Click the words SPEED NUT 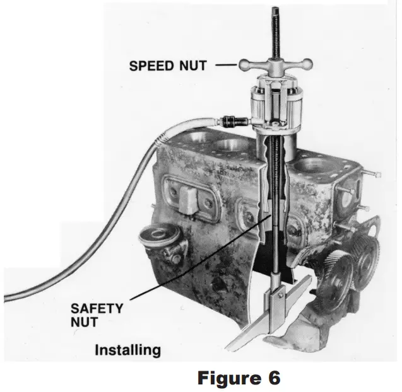pyautogui.click(x=167, y=66)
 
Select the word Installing pyautogui.click(x=127, y=350)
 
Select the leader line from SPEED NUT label pyautogui.click(x=224, y=64)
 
